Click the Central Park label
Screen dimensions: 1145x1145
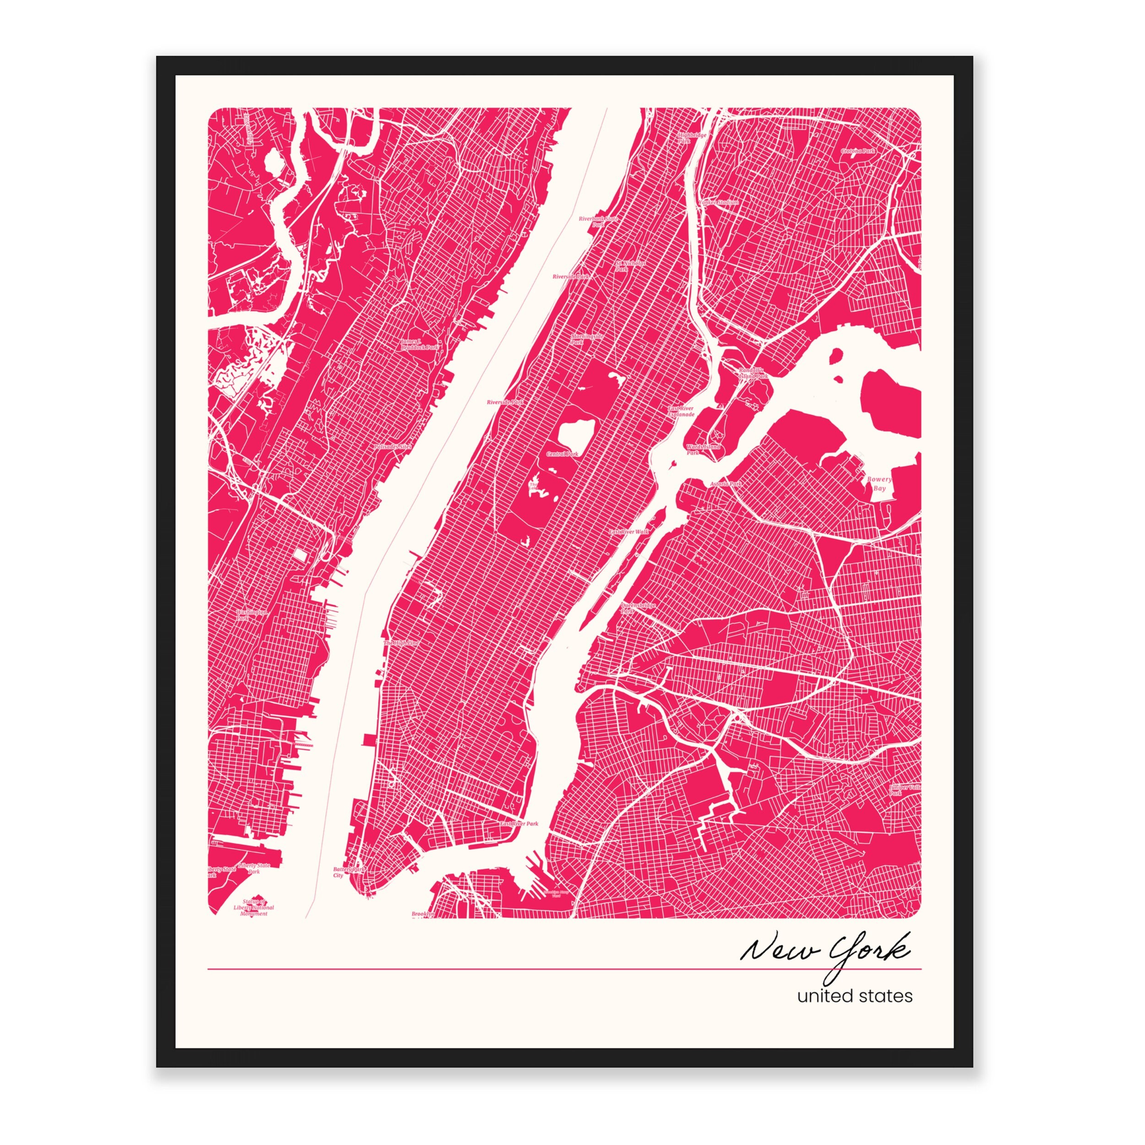tap(562, 454)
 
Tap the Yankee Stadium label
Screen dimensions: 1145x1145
tap(719, 202)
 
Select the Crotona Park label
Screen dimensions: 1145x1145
tap(857, 151)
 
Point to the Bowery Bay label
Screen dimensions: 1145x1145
tap(879, 484)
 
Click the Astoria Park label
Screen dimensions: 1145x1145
tap(725, 484)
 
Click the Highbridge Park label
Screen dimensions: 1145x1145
tap(692, 138)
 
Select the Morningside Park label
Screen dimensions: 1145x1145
tap(586, 338)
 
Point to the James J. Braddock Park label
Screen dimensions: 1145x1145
tap(419, 344)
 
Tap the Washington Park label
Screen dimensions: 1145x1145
tap(251, 615)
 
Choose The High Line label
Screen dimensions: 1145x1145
tap(401, 643)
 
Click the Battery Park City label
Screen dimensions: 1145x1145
tap(348, 872)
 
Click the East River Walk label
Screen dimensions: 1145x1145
tap(629, 532)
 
